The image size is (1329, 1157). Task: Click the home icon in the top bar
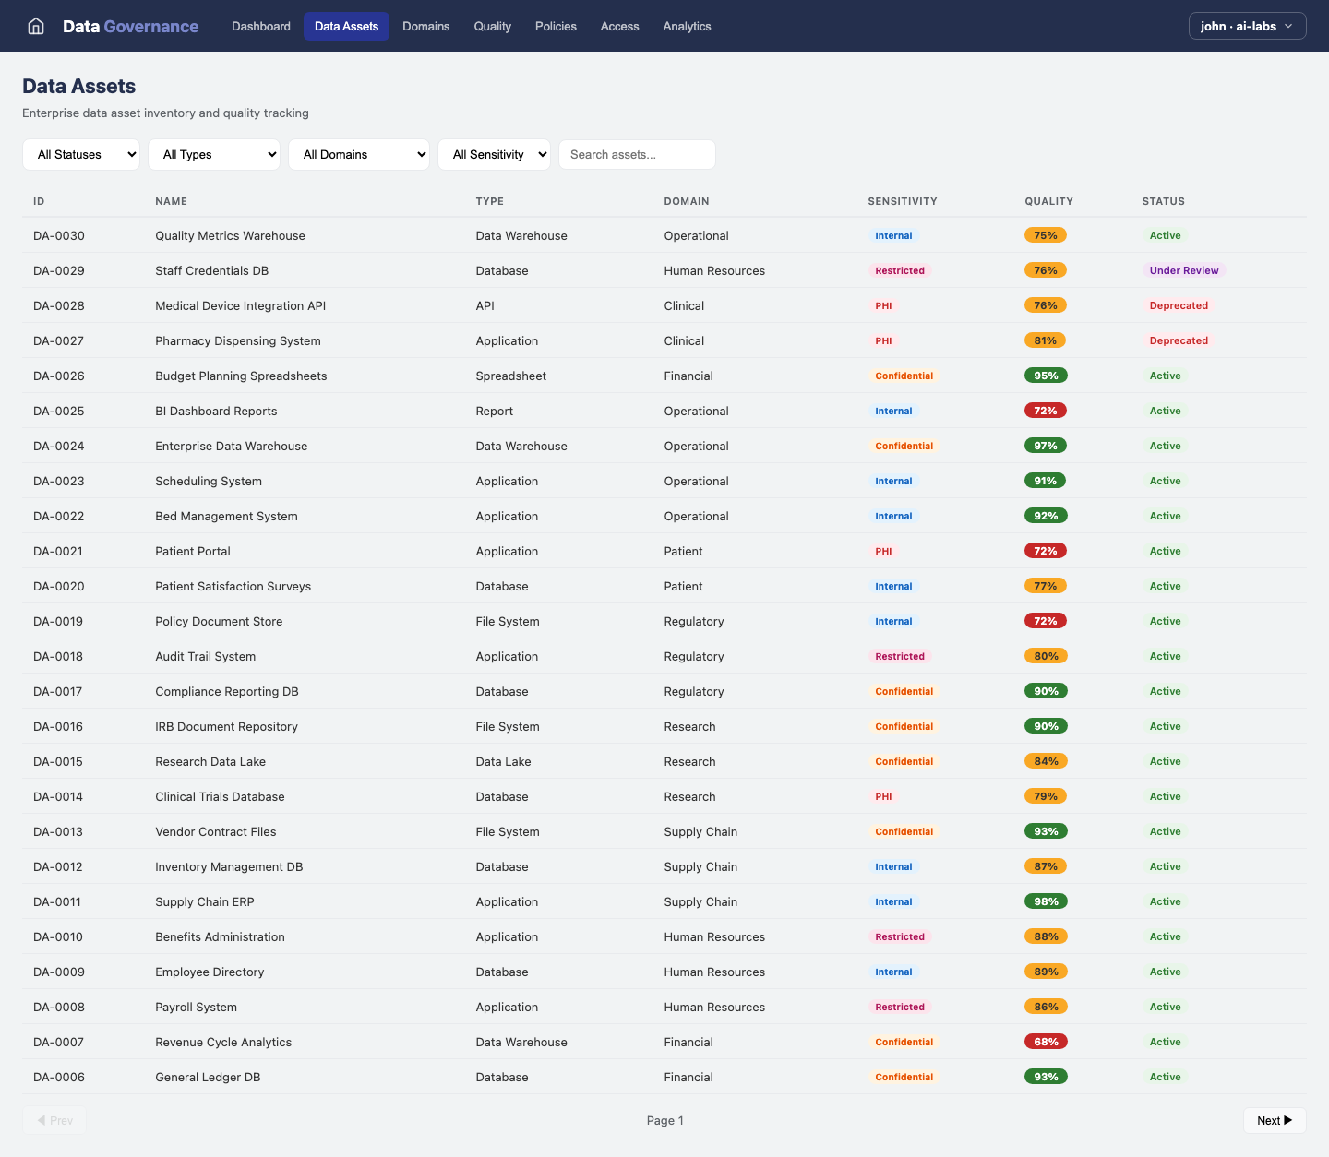coord(36,26)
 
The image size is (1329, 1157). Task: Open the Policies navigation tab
coord(556,26)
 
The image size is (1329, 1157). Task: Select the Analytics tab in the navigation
coord(687,26)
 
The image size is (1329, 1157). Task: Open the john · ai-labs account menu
coord(1247,26)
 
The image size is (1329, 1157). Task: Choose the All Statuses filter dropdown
coord(81,155)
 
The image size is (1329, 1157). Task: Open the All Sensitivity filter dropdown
coord(494,155)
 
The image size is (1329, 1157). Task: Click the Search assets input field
coord(637,155)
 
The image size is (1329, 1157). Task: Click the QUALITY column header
coord(1048,201)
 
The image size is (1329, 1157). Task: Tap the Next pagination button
coord(1274,1120)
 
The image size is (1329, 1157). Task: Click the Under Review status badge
coord(1183,270)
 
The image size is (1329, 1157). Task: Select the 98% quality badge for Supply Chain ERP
coord(1046,901)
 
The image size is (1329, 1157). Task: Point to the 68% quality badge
coord(1046,1042)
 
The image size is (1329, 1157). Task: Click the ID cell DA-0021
coord(58,551)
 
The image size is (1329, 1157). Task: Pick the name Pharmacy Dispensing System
coord(238,340)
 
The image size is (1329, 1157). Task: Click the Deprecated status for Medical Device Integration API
coord(1179,305)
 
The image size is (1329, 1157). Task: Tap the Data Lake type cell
coord(503,761)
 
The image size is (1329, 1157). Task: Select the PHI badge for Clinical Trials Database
coord(883,796)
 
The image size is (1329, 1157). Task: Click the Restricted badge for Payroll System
coord(900,1007)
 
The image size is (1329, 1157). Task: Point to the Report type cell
coord(495,411)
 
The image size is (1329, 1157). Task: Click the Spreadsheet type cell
coord(511,376)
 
